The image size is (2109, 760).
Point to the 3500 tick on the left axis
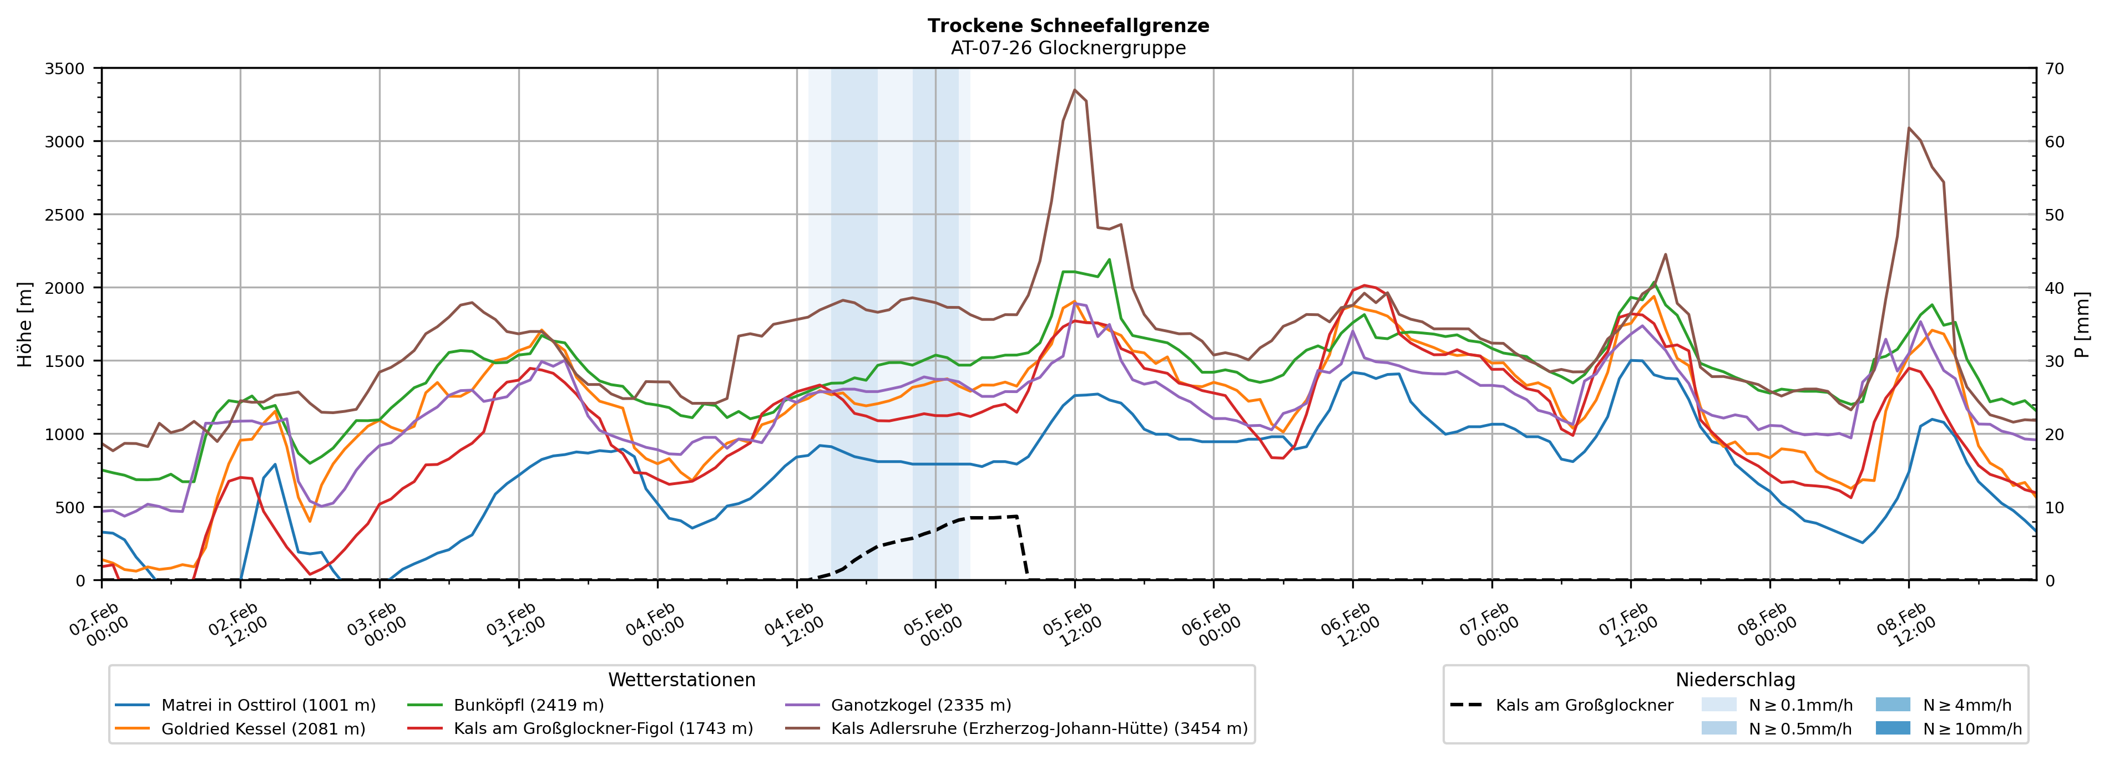coord(65,69)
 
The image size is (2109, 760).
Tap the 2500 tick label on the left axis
coord(65,215)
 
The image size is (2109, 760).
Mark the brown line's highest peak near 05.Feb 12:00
coord(1074,90)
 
